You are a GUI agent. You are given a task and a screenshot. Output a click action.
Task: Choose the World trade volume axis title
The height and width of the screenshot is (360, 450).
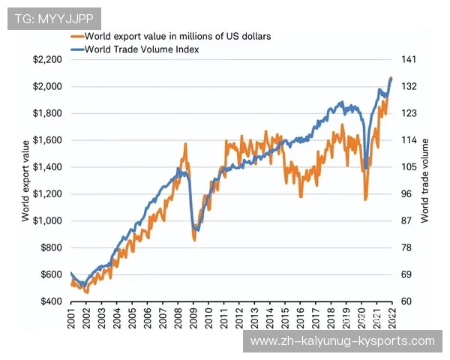pyautogui.click(x=425, y=180)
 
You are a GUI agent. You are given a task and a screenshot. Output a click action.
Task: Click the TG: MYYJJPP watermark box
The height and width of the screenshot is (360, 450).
pyautogui.click(x=52, y=18)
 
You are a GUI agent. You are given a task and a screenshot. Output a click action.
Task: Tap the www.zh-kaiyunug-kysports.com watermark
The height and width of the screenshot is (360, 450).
pyautogui.click(x=341, y=341)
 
